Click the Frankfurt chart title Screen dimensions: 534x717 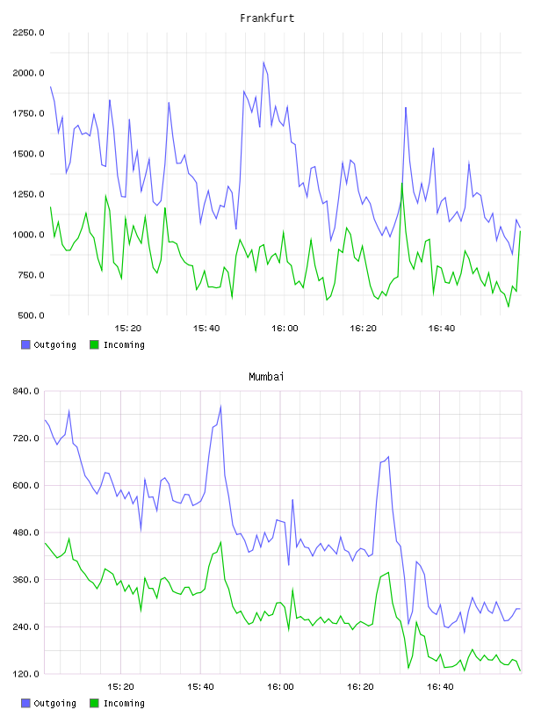pyautogui.click(x=267, y=18)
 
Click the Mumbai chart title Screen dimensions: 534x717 pyautogui.click(x=266, y=377)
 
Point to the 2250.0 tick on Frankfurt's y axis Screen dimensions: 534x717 pyautogui.click(x=29, y=33)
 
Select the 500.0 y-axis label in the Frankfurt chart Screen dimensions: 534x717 pyautogui.click(x=32, y=315)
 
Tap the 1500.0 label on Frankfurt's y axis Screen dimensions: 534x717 pyautogui.click(x=29, y=154)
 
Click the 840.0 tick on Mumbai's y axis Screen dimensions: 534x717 pyautogui.click(x=26, y=391)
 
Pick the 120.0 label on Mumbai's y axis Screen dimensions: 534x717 pyautogui.click(x=26, y=674)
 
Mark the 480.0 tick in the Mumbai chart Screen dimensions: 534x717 pyautogui.click(x=26, y=532)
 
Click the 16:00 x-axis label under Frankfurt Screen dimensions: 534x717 pyautogui.click(x=285, y=329)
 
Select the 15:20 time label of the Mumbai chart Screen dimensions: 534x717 pyautogui.click(x=120, y=687)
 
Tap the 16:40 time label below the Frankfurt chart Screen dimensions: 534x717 pyautogui.click(x=442, y=329)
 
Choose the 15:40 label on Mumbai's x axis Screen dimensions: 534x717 pyautogui.click(x=201, y=687)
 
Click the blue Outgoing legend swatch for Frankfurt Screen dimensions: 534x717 pyautogui.click(x=25, y=344)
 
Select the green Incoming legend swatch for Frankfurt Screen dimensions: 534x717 pyautogui.click(x=94, y=344)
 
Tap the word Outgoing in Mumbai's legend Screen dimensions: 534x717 pyautogui.click(x=54, y=703)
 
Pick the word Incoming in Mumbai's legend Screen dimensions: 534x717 pyautogui.click(x=124, y=703)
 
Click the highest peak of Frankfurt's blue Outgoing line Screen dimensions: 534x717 pyautogui.click(x=263, y=62)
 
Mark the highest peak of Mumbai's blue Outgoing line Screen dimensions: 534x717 pyautogui.click(x=220, y=406)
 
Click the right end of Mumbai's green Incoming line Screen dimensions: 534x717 pyautogui.click(x=520, y=670)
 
